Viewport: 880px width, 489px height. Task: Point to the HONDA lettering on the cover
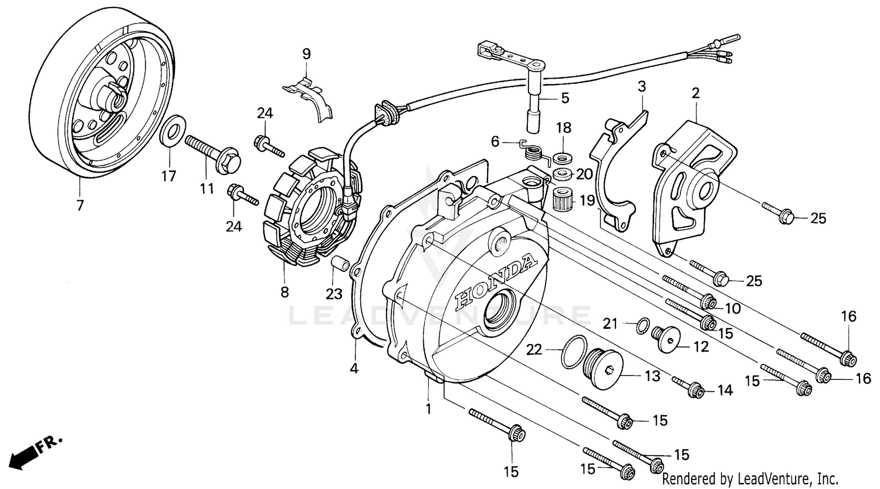tap(496, 282)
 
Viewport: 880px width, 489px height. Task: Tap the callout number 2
tap(696, 93)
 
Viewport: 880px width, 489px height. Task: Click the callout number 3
tap(641, 86)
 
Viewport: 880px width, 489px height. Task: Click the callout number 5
tap(564, 98)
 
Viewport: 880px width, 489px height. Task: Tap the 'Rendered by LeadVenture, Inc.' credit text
tap(750, 478)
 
